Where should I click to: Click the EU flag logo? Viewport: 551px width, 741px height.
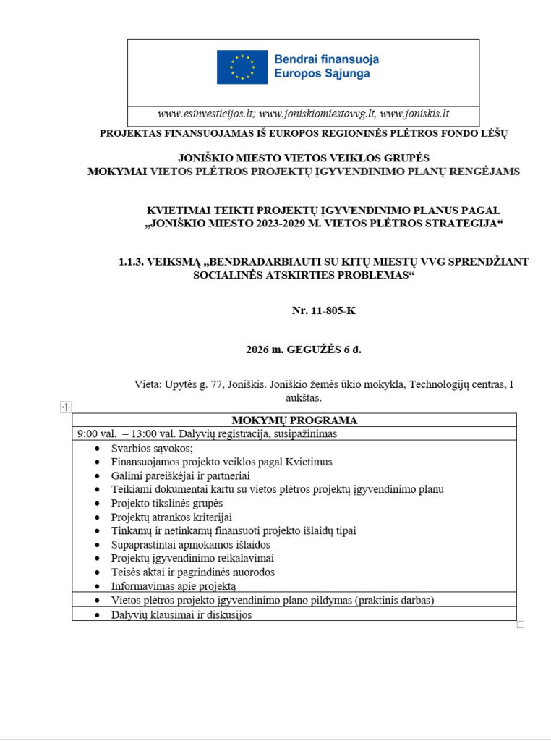pyautogui.click(x=242, y=67)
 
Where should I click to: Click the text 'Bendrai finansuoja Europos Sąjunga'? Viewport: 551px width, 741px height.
pyautogui.click(x=326, y=67)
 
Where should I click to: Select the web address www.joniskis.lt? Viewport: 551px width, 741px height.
pyautogui.click(x=414, y=114)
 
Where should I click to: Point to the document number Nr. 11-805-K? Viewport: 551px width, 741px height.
pyautogui.click(x=324, y=310)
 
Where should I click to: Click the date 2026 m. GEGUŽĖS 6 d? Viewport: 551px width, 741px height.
pyautogui.click(x=304, y=350)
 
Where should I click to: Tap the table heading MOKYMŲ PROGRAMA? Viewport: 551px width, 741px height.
pyautogui.click(x=294, y=420)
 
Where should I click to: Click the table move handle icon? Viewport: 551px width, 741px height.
pyautogui.click(x=66, y=407)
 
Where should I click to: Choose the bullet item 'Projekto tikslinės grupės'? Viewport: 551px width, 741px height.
pyautogui.click(x=166, y=503)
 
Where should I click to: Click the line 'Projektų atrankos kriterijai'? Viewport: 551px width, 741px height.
pyautogui.click(x=171, y=517)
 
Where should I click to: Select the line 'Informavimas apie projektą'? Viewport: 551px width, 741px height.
pyautogui.click(x=173, y=586)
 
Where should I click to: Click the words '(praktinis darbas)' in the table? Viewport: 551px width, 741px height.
pyautogui.click(x=397, y=601)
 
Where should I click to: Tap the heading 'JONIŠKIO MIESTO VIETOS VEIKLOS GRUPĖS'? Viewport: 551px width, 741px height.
pyautogui.click(x=304, y=158)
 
